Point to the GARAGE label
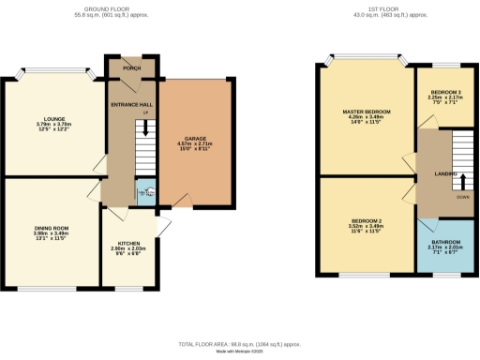click(195, 139)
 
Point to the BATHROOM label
click(443, 240)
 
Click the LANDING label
click(444, 174)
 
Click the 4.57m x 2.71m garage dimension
click(195, 145)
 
